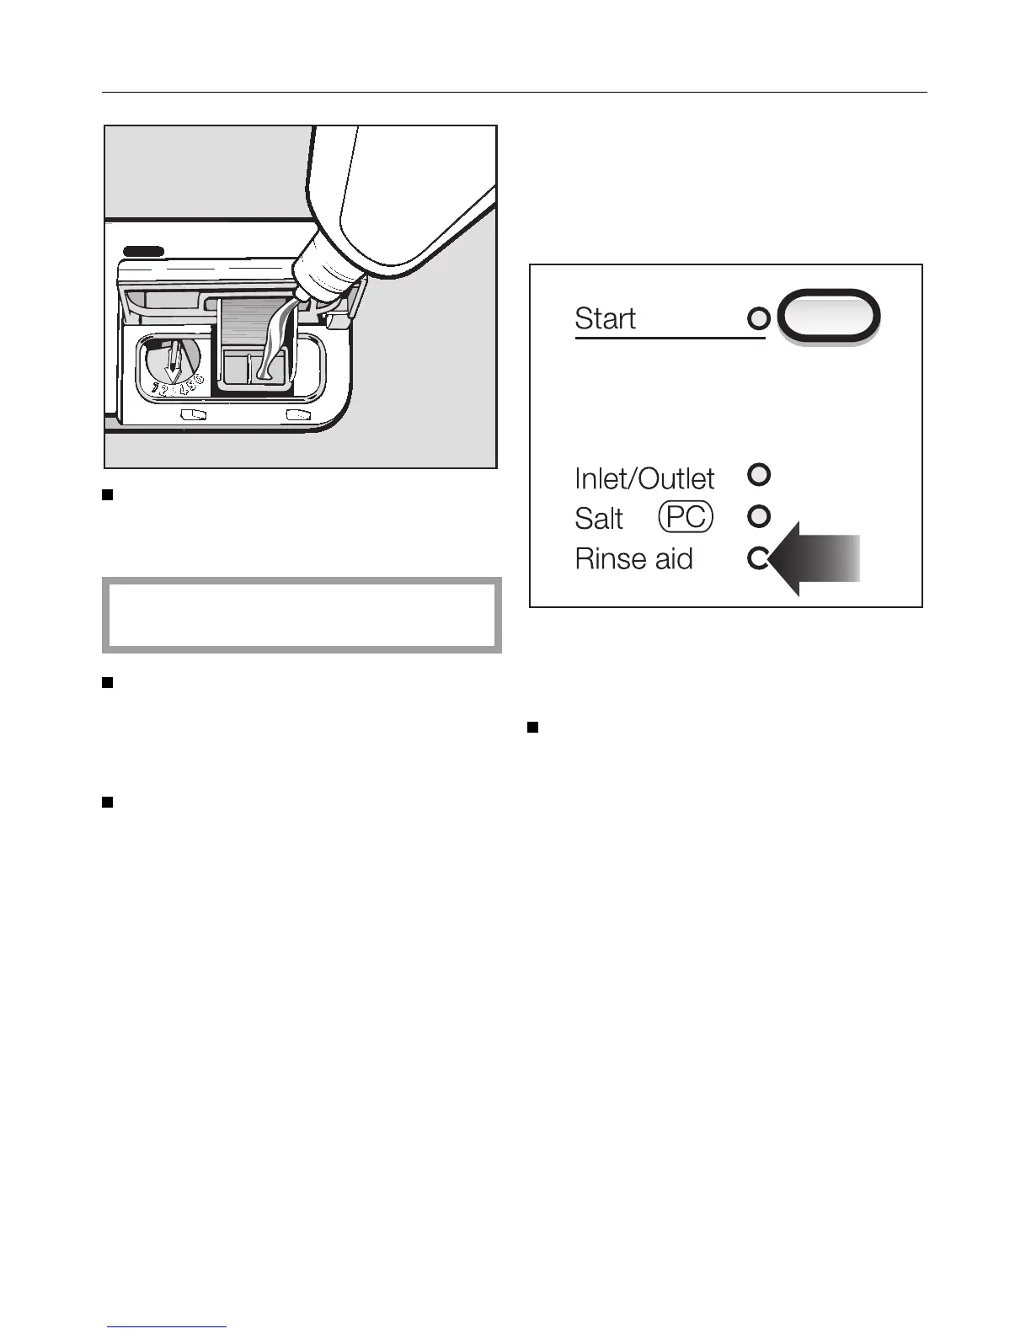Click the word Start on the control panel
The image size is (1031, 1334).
click(x=605, y=318)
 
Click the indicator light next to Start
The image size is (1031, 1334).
click(x=759, y=318)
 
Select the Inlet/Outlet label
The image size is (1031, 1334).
click(x=644, y=478)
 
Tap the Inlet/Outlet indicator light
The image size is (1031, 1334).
click(x=759, y=474)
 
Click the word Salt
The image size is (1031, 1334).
click(x=599, y=518)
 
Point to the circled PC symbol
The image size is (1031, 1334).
click(x=686, y=516)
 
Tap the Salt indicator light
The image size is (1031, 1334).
click(x=759, y=515)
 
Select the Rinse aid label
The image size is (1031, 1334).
click(x=633, y=558)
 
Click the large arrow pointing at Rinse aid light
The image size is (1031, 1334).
click(x=817, y=559)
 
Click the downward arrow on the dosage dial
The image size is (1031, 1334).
click(x=173, y=364)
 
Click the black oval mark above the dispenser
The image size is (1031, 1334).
click(x=143, y=251)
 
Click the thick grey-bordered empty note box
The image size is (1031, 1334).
click(x=302, y=615)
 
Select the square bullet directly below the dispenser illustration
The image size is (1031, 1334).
click(x=108, y=494)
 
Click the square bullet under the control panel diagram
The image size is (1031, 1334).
click(x=532, y=727)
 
